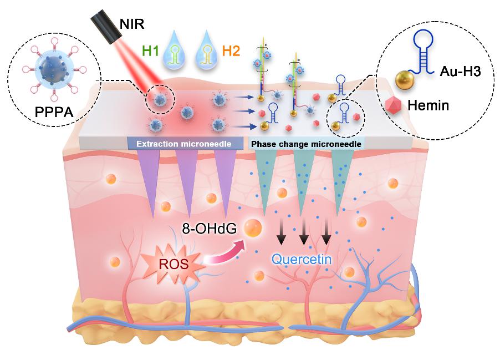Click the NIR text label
[x=131, y=24]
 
